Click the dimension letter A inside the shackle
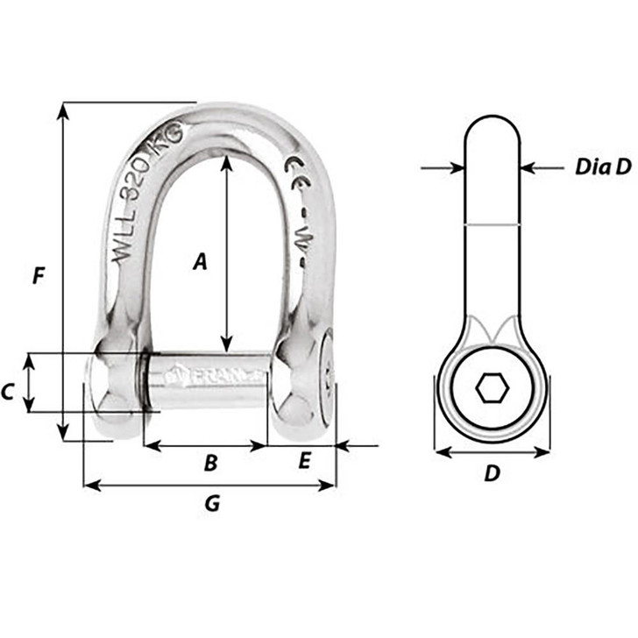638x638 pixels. [x=200, y=260]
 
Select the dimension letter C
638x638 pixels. [x=8, y=392]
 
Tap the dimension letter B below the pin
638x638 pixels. [x=209, y=464]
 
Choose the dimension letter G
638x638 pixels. [x=210, y=504]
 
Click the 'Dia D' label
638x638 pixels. [x=603, y=167]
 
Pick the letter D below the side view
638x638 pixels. [x=493, y=473]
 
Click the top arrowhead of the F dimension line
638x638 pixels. [x=62, y=109]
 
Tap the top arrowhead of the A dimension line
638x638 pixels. [x=226, y=161]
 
